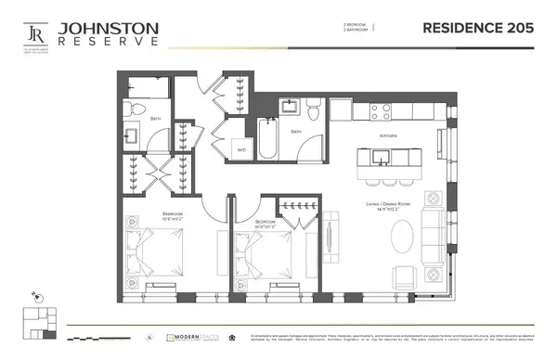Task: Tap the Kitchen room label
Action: coord(387,135)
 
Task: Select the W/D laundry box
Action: coord(241,148)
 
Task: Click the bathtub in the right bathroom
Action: coord(269,137)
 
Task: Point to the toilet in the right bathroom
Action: coord(314,110)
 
